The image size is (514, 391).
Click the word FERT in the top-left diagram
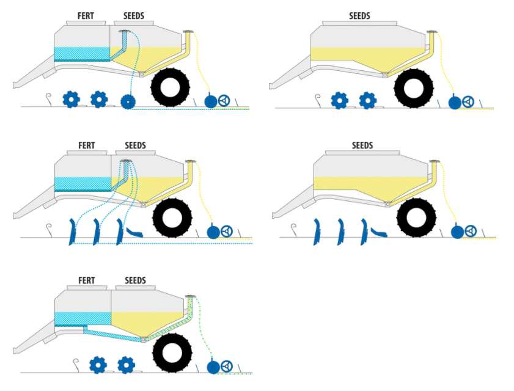86,15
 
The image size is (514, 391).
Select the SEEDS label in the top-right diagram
359,15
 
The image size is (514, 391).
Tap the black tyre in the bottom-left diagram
172,354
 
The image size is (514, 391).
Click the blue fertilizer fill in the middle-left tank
83,183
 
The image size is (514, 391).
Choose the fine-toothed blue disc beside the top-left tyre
128,101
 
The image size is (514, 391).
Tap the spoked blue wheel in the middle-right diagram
471,231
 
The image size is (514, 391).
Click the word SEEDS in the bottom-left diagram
135,280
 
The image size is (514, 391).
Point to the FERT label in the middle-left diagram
87,145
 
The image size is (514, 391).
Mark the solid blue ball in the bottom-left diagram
213,367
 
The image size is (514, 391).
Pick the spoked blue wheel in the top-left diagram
225,100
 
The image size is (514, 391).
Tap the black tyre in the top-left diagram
171,88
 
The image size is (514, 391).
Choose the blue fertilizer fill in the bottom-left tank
83,318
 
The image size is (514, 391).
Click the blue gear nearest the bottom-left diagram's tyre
127,365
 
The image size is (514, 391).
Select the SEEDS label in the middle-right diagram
362,145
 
